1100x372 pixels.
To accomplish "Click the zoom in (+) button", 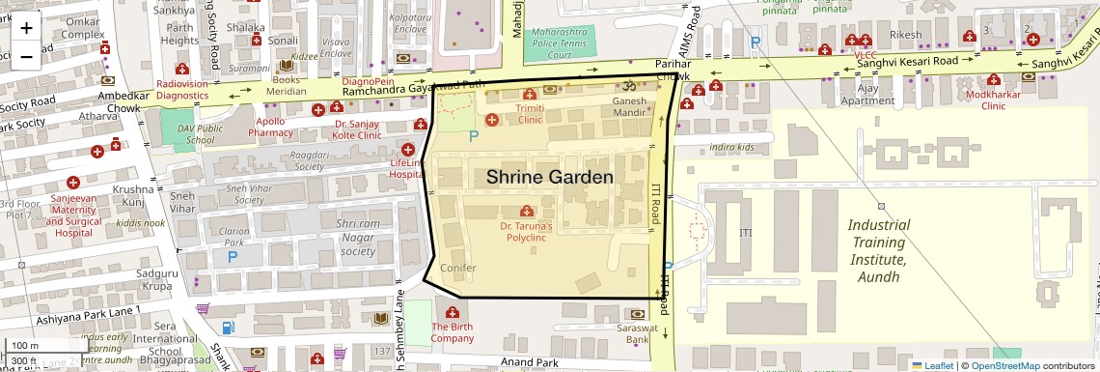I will [26, 27].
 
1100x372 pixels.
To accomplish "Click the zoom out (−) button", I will [26, 56].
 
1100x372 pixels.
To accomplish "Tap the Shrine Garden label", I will [549, 178].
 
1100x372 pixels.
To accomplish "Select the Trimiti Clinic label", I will [530, 115].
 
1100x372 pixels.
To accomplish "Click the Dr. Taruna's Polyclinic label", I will [526, 231].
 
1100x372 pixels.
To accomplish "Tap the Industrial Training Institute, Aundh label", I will [877, 250].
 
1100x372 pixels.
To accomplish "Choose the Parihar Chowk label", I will [673, 70].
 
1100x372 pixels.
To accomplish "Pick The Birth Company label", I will [452, 332].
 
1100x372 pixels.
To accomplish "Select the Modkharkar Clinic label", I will [979, 101].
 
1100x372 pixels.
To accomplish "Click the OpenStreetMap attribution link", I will [1004, 365].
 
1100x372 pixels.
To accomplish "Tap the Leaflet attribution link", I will [932, 365].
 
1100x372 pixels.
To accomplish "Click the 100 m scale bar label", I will [26, 346].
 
